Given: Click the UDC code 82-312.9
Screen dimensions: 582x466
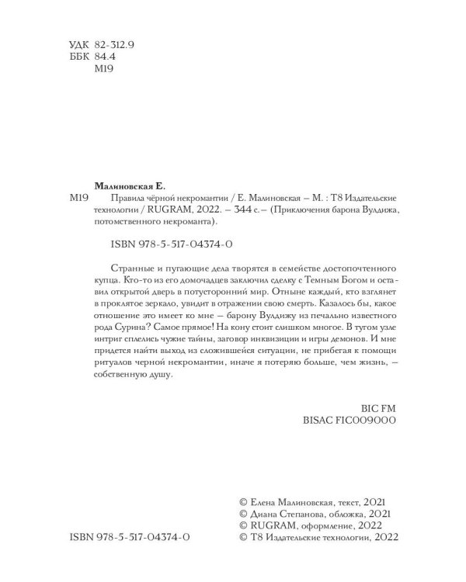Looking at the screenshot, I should (113, 46).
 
